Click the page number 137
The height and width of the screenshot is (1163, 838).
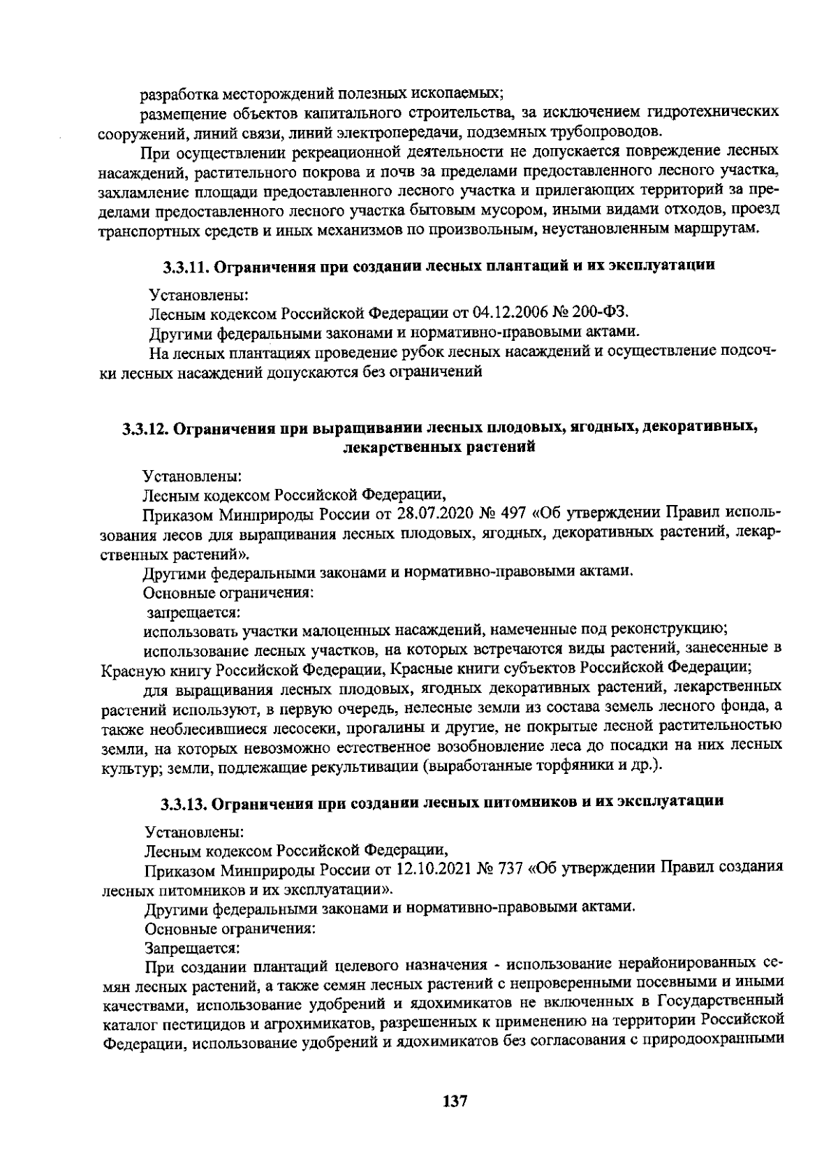[x=455, y=1102]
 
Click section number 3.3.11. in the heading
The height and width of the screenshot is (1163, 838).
[x=186, y=266]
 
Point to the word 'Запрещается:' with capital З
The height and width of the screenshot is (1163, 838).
[x=191, y=949]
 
